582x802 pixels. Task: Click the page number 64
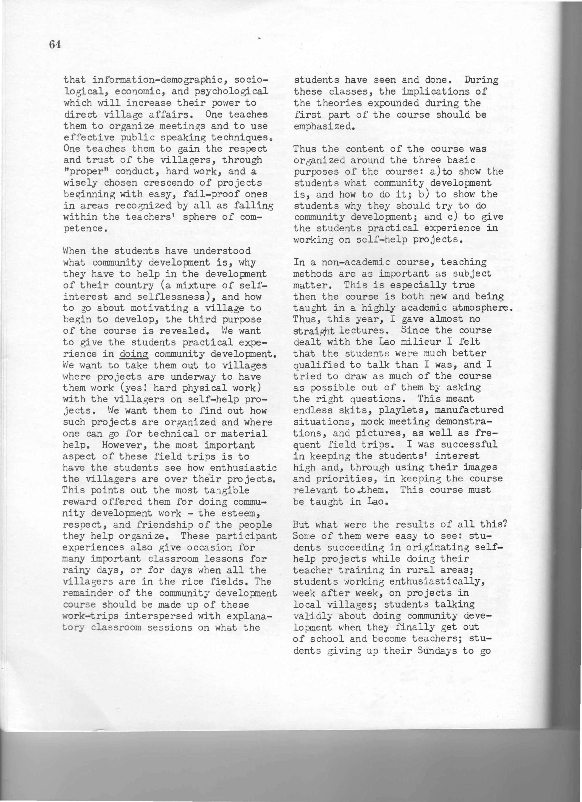55,45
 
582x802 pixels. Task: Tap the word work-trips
90,616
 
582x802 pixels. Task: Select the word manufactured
469,410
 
